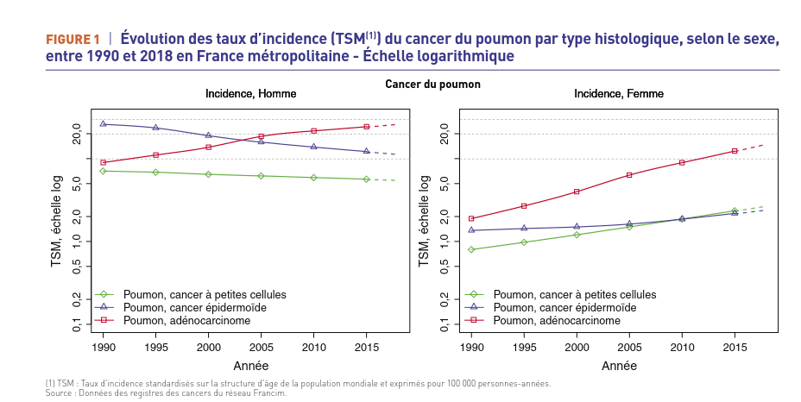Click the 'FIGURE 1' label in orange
click(x=73, y=40)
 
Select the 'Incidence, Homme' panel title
click(x=250, y=93)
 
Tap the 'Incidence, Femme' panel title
click(x=619, y=93)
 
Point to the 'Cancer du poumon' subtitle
click(x=432, y=85)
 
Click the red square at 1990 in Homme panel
click(x=103, y=162)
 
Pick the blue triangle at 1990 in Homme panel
click(x=103, y=124)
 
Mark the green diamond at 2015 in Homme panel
click(x=367, y=179)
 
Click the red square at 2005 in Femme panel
click(x=630, y=175)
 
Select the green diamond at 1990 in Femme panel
click(x=471, y=249)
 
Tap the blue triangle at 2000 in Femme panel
click(x=577, y=227)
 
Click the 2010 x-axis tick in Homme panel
click(x=314, y=348)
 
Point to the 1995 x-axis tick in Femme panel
click(x=524, y=348)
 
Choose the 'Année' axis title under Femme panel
click(x=619, y=366)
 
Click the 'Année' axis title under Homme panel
click(x=250, y=366)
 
